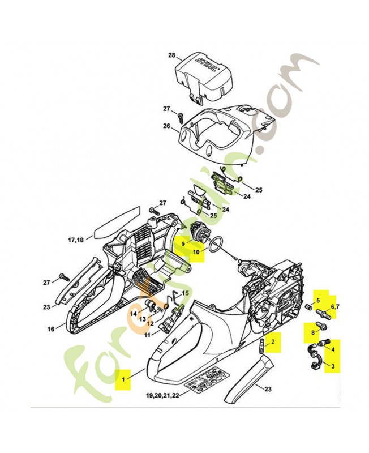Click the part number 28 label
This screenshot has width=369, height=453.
tap(172, 55)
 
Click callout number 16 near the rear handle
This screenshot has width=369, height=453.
tap(50, 328)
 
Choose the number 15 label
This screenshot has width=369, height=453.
tap(185, 293)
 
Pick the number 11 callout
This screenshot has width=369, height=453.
tap(147, 335)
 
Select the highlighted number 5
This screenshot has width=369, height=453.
tap(318, 300)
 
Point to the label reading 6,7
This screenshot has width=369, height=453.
tap(334, 306)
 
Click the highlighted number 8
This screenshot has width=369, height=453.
tap(312, 332)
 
